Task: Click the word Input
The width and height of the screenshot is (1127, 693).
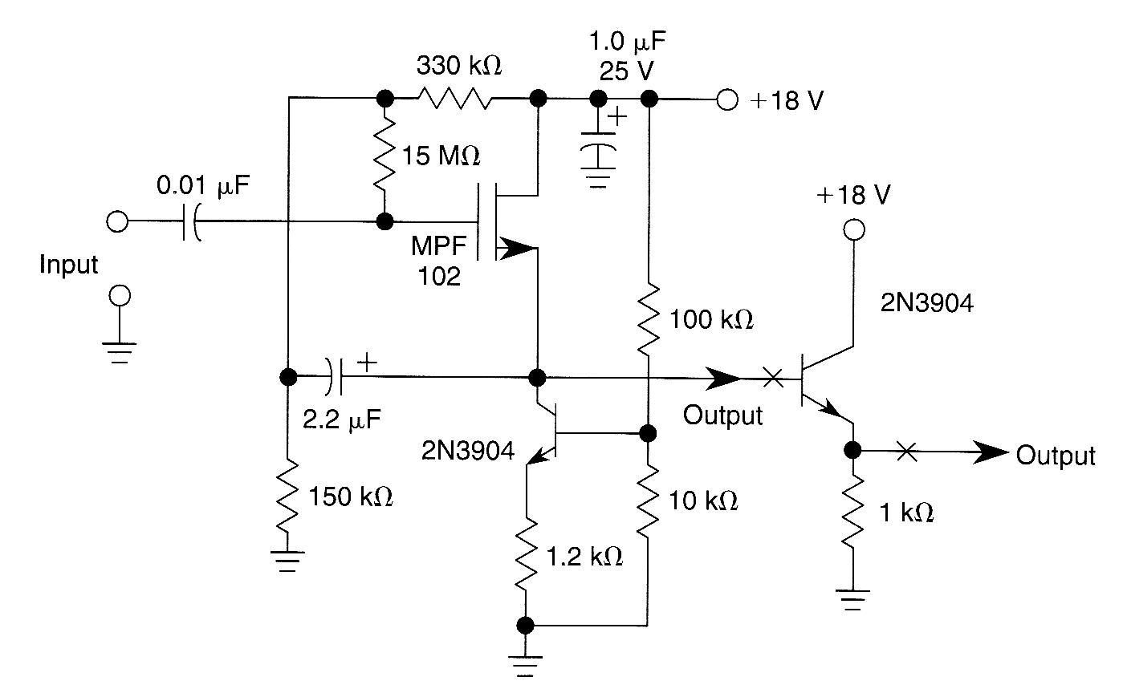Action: click(x=68, y=265)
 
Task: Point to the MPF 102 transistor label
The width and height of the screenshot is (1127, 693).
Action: click(x=438, y=261)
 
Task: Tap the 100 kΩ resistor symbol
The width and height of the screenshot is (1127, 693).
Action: click(x=648, y=319)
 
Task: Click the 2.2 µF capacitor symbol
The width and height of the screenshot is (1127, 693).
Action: click(x=336, y=376)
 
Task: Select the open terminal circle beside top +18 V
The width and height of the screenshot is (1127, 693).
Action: click(x=726, y=100)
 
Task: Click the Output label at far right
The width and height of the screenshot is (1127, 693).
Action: click(x=1055, y=456)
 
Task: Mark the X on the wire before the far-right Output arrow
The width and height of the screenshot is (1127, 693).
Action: click(x=906, y=452)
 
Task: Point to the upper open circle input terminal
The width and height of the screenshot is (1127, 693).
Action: click(x=117, y=222)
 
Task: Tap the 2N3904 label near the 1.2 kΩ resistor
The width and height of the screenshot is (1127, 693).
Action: click(x=468, y=451)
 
